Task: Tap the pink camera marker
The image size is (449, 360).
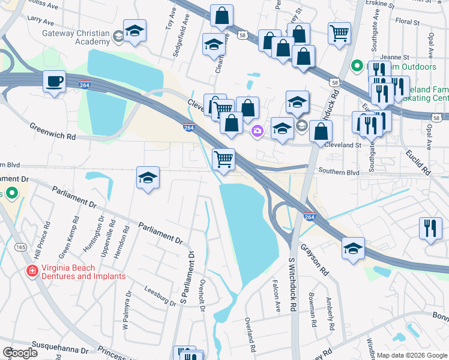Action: (x=258, y=130)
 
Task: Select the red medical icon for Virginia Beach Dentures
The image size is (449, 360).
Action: (x=31, y=272)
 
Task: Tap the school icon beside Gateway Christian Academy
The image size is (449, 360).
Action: (x=134, y=31)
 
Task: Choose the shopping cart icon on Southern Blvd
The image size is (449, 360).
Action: (x=223, y=160)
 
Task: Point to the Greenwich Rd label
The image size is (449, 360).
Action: (x=53, y=131)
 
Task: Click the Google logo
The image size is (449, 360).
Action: (x=20, y=352)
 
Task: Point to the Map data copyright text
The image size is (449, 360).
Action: (x=412, y=355)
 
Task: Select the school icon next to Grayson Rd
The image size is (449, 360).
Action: (x=353, y=247)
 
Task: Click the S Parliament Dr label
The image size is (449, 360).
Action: (x=188, y=277)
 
